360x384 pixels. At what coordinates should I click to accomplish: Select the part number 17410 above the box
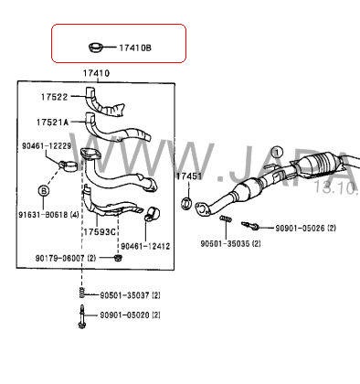coord(96,72)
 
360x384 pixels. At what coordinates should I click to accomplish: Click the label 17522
coord(54,96)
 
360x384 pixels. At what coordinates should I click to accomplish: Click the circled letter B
coord(42,189)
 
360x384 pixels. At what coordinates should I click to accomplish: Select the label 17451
coord(187,175)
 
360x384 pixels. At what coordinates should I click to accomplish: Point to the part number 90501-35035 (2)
coord(230,244)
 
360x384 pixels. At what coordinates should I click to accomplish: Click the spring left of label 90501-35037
coord(81,293)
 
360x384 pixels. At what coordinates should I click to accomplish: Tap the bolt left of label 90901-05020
coord(81,315)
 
